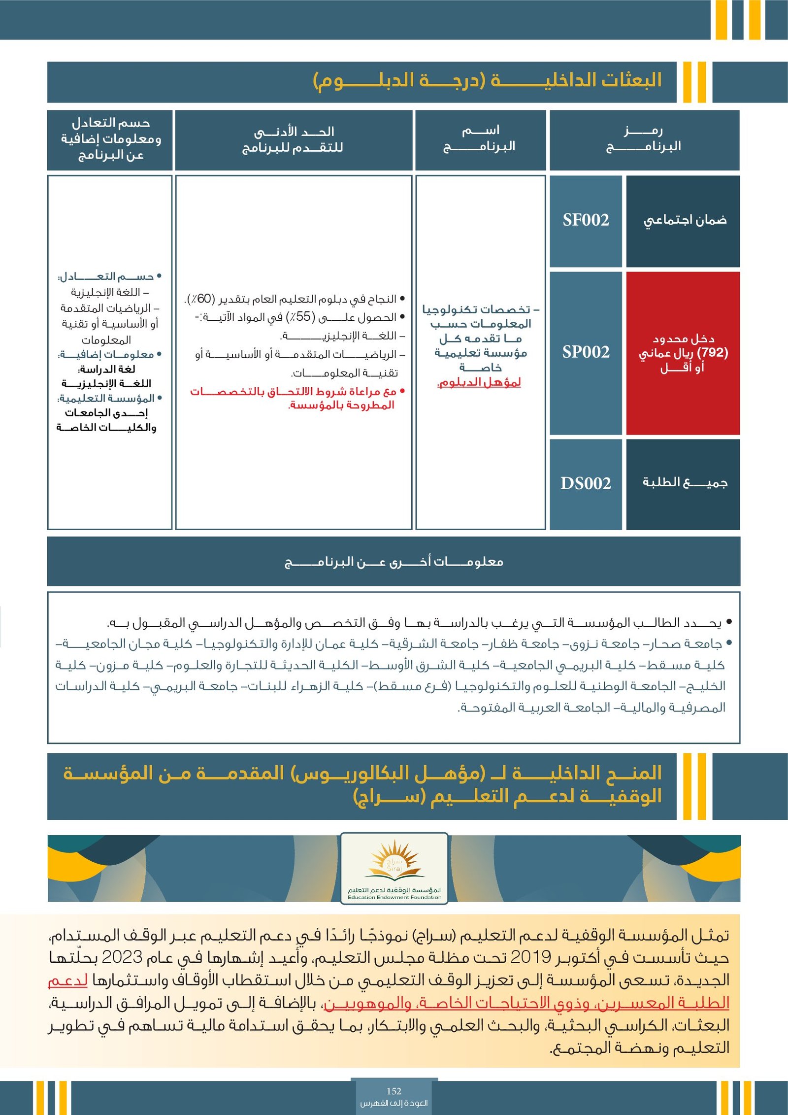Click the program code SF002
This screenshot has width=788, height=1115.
[x=586, y=220]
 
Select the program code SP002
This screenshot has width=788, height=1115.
[x=586, y=352]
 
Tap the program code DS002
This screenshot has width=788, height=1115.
[x=586, y=483]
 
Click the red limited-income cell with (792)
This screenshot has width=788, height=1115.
[x=683, y=353]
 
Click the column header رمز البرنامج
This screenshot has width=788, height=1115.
[x=644, y=139]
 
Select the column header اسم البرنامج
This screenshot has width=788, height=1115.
[x=480, y=139]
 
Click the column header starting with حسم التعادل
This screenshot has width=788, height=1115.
[x=110, y=139]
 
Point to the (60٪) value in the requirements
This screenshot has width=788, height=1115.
[x=200, y=299]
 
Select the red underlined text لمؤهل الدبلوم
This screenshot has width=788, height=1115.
[x=479, y=382]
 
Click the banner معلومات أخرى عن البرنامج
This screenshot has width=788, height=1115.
[x=394, y=562]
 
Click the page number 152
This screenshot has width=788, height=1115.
[x=394, y=1091]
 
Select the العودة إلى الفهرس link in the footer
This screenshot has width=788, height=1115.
[x=394, y=1103]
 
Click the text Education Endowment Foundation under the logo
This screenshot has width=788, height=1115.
[x=394, y=897]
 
